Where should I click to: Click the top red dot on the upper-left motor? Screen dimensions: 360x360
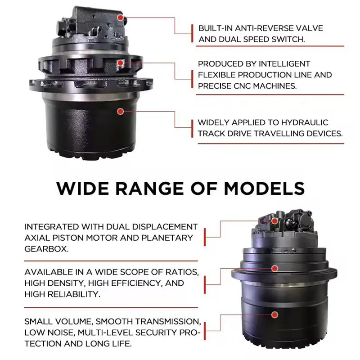pos(120,18)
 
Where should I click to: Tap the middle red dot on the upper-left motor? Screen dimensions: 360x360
pos(120,63)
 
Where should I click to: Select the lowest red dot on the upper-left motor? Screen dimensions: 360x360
pos(120,111)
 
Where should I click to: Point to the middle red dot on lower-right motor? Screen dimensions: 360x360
pos(274,268)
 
